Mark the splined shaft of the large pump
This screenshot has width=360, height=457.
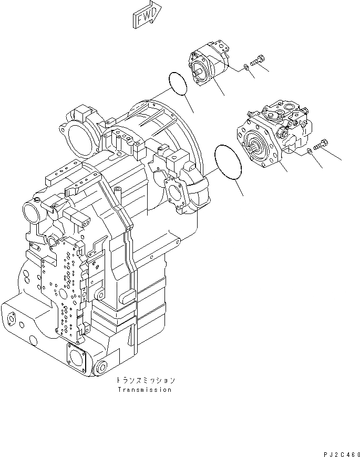pyautogui.click(x=256, y=147)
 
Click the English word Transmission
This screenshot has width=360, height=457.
pyautogui.click(x=144, y=390)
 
